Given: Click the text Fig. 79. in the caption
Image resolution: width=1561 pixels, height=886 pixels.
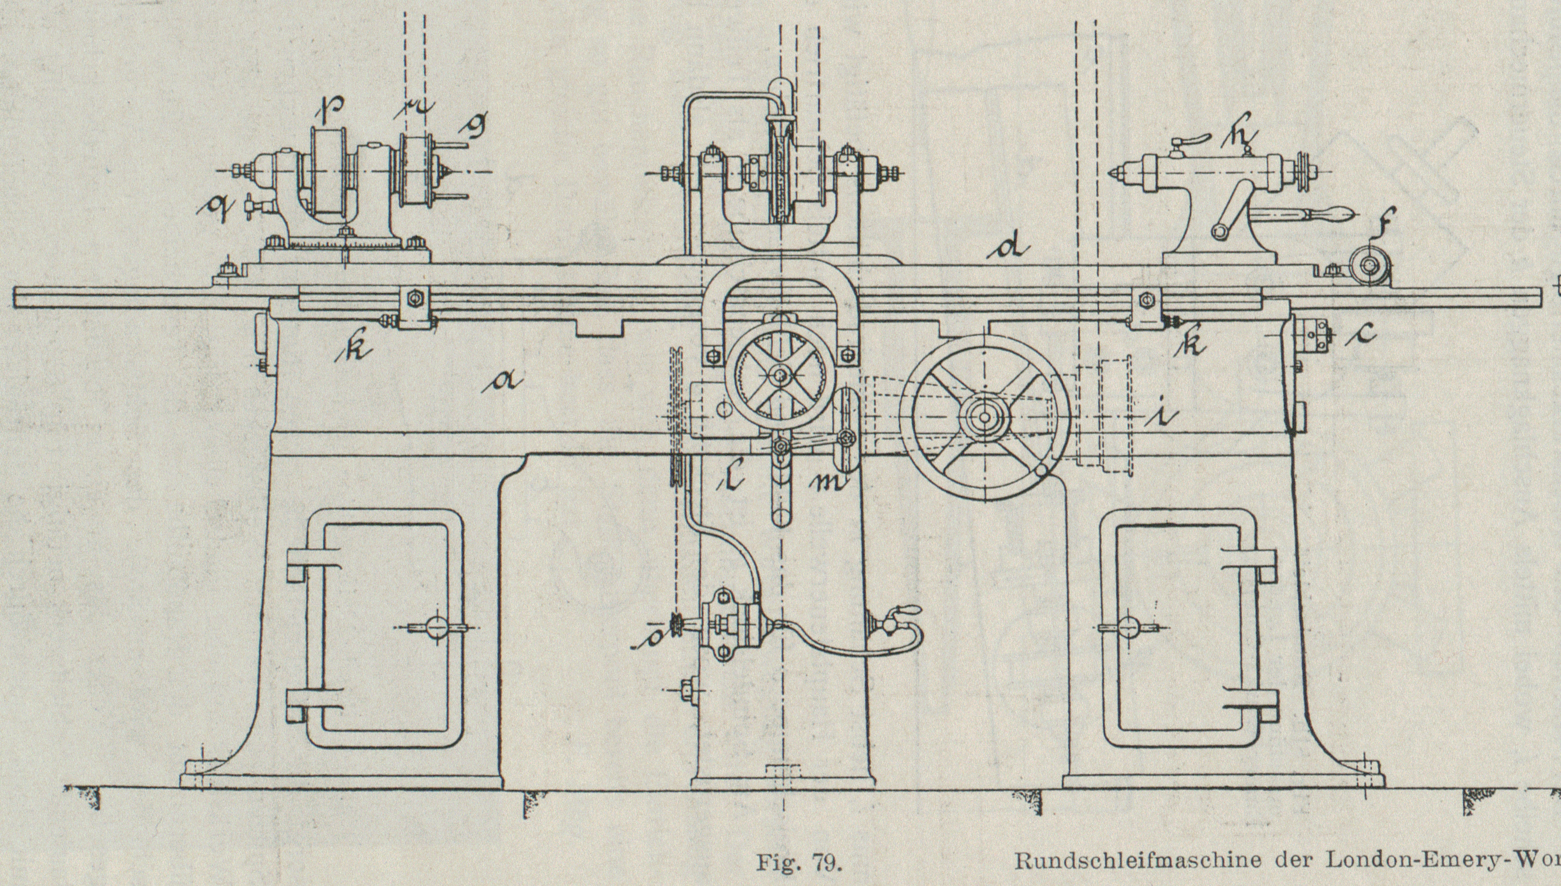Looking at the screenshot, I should [799, 863].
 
